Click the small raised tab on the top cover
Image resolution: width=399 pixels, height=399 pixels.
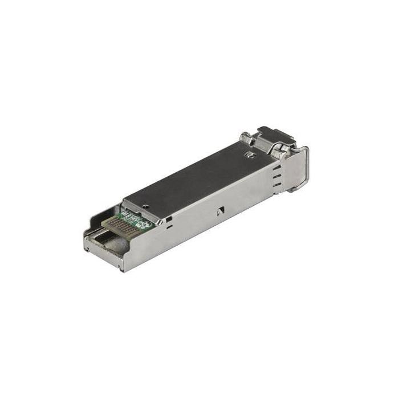(249, 154)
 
